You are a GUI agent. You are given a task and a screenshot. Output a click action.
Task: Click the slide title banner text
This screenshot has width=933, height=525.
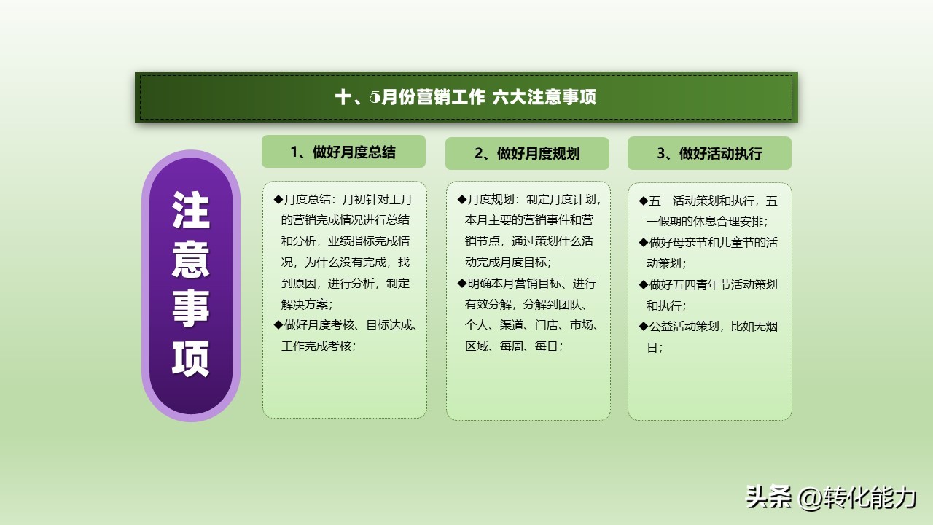tap(466, 97)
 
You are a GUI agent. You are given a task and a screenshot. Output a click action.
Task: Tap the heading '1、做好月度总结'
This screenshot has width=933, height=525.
tap(343, 152)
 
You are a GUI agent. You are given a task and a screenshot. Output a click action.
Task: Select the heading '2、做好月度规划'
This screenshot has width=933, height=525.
tap(527, 153)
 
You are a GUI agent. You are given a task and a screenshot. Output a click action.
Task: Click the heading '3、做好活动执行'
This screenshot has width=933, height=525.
tap(709, 153)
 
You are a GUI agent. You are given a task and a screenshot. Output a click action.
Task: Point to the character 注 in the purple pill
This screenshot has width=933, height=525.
tap(191, 211)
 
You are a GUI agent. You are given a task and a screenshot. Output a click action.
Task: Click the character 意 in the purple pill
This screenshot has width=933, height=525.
tap(191, 259)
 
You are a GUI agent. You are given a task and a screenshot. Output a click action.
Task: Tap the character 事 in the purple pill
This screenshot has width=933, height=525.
tap(191, 308)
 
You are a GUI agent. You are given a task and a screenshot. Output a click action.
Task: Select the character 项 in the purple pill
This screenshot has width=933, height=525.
tap(191, 358)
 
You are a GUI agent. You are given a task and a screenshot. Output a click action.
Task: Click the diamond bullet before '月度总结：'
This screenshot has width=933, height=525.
tap(278, 199)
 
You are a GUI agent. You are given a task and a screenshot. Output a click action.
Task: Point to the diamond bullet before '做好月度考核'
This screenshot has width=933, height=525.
tap(278, 325)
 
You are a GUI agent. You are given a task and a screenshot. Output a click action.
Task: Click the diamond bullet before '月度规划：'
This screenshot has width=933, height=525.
tap(461, 199)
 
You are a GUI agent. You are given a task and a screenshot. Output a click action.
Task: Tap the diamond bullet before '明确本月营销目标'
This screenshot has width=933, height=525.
tap(461, 283)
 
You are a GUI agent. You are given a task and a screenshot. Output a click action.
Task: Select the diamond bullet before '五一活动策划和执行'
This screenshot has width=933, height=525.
tap(643, 201)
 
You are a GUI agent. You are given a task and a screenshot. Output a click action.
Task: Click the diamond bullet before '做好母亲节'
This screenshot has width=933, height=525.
tap(643, 242)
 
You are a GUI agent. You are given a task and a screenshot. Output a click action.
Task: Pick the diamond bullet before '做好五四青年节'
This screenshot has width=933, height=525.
tap(643, 284)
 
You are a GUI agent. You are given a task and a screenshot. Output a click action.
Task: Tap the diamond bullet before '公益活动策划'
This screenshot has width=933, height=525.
tap(643, 327)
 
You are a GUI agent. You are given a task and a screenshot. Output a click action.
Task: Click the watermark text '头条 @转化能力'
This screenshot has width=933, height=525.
tap(830, 498)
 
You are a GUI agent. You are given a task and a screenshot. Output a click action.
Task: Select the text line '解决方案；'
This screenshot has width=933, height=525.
tap(307, 304)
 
